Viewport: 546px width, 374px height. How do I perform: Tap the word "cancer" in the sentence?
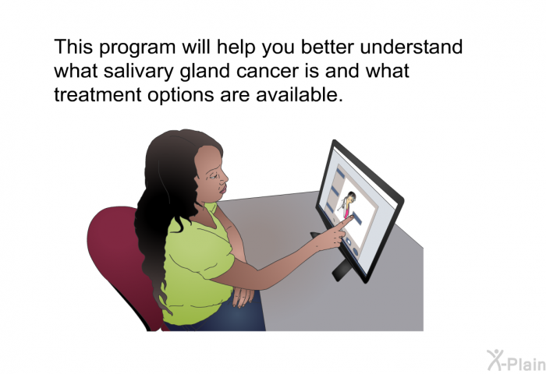pos(268,72)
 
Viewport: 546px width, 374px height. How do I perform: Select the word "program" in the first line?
pos(137,48)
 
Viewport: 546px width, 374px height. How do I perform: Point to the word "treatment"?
pos(97,94)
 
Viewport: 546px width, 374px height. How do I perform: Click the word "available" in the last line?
pos(297,94)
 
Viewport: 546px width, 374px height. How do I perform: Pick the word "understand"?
pos(411,47)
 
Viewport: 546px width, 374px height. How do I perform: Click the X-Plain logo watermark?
pos(516,360)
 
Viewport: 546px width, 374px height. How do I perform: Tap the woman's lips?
pos(223,189)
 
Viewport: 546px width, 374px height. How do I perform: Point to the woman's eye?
pos(213,177)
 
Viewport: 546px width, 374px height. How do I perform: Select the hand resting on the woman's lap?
pos(243,295)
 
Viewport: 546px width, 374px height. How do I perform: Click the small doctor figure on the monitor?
pos(347,204)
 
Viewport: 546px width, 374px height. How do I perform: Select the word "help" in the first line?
pos(236,48)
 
